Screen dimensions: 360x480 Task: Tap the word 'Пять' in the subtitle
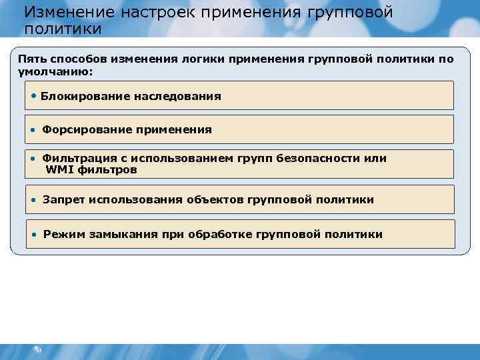tap(30, 59)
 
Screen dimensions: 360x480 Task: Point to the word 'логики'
tap(204, 59)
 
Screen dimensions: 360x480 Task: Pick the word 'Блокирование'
tap(85, 96)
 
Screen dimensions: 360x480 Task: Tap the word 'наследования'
tap(177, 96)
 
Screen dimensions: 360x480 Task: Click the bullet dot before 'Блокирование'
tap(34, 95)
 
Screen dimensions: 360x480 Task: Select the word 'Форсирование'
tap(83, 129)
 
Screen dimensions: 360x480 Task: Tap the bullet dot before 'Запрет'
tap(34, 199)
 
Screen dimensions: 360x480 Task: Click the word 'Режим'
tap(63, 234)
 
